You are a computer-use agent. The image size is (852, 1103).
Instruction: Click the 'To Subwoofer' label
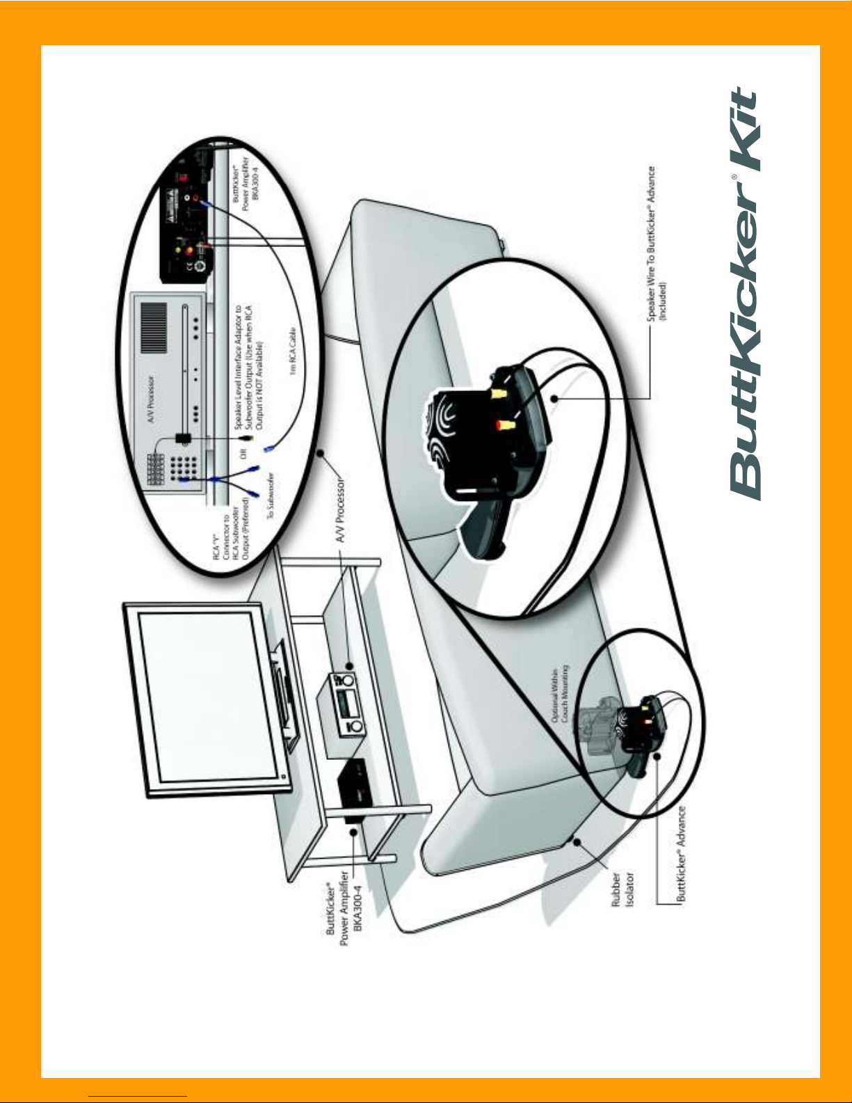click(271, 494)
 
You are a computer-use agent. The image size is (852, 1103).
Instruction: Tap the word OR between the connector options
click(244, 452)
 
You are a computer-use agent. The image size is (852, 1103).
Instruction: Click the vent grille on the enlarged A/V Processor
click(154, 328)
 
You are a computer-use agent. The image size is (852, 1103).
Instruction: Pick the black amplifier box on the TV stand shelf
click(354, 789)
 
